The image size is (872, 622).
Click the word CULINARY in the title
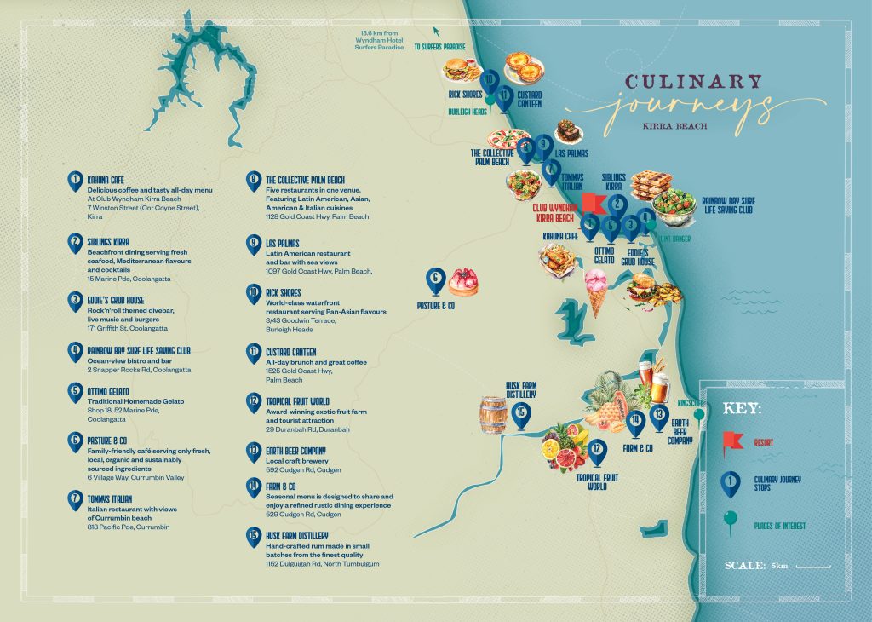pos(694,83)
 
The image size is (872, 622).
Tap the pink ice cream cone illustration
pos(597,290)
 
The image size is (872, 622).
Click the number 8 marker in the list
pos(253,180)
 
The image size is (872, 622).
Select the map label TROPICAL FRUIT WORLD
pos(597,481)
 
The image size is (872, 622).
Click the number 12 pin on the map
pos(597,449)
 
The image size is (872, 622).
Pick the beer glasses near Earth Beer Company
pos(653,381)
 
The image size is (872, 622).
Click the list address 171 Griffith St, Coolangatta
pos(128,328)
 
